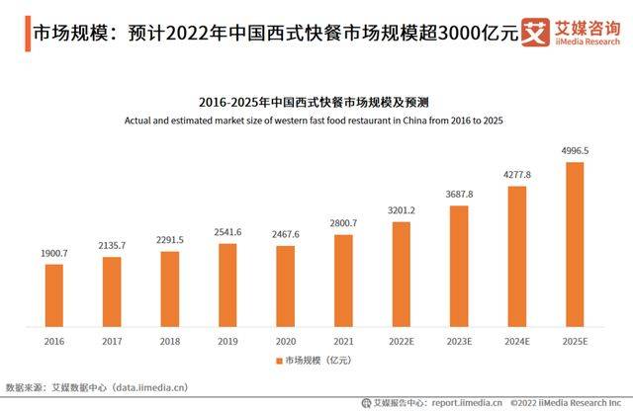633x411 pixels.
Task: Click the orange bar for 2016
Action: point(53,294)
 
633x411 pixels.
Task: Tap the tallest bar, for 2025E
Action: point(574,243)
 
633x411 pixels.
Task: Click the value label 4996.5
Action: point(574,151)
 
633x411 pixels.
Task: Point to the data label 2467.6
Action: point(285,234)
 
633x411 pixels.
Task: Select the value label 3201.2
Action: point(401,210)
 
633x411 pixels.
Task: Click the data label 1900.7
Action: point(53,253)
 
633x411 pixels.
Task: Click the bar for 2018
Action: point(169,288)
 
